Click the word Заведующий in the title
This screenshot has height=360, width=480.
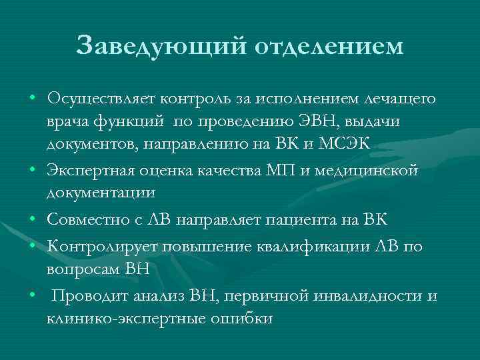[159, 46]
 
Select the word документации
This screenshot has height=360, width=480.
[101, 193]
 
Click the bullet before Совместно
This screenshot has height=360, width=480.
[33, 219]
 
